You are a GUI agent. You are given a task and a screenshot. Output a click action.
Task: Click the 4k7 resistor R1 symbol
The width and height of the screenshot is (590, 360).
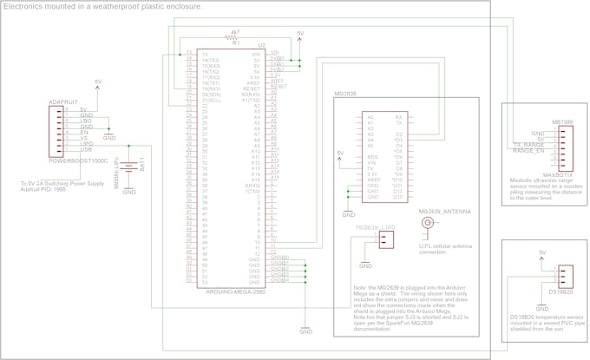click(x=232, y=36)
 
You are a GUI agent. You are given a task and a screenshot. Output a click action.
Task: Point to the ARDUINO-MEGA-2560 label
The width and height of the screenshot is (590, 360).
click(x=233, y=292)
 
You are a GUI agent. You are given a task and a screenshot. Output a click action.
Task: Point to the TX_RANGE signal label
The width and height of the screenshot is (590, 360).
click(x=528, y=144)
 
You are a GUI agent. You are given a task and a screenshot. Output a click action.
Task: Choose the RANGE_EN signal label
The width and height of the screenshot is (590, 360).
click(x=528, y=151)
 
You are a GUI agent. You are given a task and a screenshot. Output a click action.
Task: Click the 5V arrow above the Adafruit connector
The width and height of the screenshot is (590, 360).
click(x=97, y=84)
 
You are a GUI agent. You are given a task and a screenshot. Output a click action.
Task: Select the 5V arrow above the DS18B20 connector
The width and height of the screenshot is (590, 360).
click(x=542, y=255)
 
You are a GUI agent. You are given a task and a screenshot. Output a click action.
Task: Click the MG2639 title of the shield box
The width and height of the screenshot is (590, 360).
click(x=346, y=92)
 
